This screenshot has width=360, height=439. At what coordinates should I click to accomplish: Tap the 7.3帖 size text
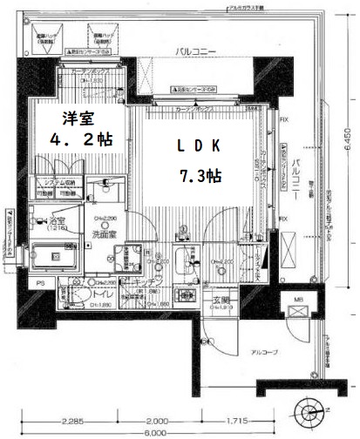(x=200, y=175)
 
